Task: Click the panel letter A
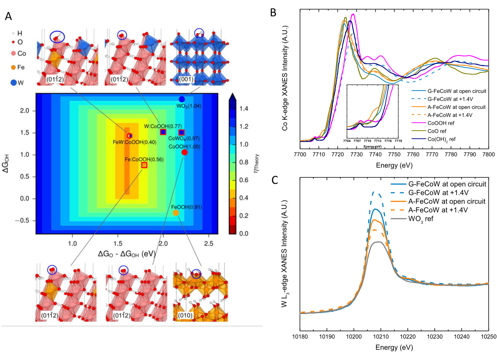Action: point(8,16)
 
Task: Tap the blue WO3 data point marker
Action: point(182,99)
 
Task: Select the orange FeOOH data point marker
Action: point(176,213)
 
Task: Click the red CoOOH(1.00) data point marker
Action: point(184,152)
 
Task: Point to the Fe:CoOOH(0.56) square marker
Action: point(144,165)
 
